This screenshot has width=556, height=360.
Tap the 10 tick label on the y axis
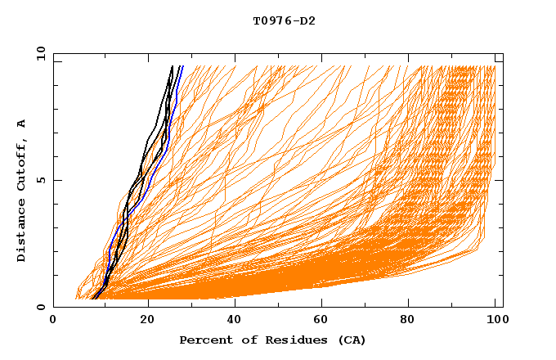point(39,53)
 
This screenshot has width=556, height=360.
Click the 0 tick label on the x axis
point(53,321)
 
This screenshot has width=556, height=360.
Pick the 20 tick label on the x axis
point(147,321)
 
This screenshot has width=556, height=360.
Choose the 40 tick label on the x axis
point(235,321)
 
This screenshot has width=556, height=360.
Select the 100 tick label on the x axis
point(496,321)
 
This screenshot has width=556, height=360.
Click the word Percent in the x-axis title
point(204,340)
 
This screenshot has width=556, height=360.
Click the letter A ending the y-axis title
point(22,123)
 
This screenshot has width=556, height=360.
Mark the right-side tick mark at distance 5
point(500,180)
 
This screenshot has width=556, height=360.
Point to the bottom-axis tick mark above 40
point(235,304)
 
